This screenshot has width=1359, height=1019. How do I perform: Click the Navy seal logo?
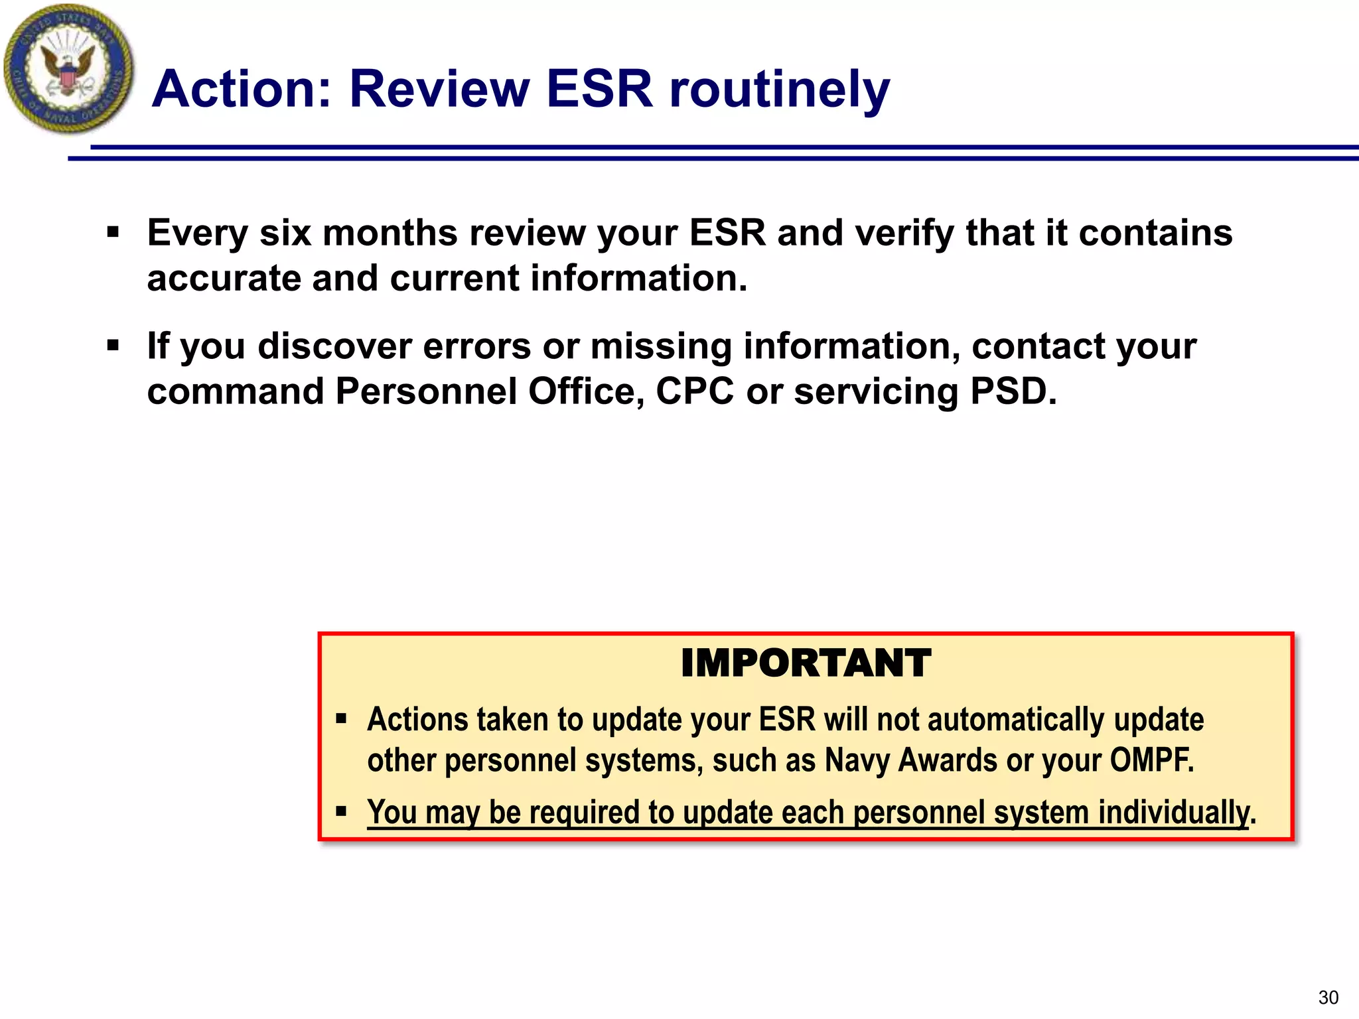[68, 68]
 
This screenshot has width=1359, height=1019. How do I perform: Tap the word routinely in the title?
[779, 90]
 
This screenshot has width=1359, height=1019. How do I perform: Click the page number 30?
[1328, 997]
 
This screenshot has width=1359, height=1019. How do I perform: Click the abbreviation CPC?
[695, 391]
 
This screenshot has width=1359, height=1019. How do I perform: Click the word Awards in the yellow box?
[947, 760]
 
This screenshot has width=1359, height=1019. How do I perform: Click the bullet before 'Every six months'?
[113, 232]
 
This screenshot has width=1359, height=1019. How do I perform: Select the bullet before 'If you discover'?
[113, 346]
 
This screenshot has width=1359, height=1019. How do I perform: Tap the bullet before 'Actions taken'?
[341, 718]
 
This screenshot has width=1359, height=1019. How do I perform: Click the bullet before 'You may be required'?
[341, 811]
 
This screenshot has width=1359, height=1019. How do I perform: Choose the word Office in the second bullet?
[586, 391]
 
